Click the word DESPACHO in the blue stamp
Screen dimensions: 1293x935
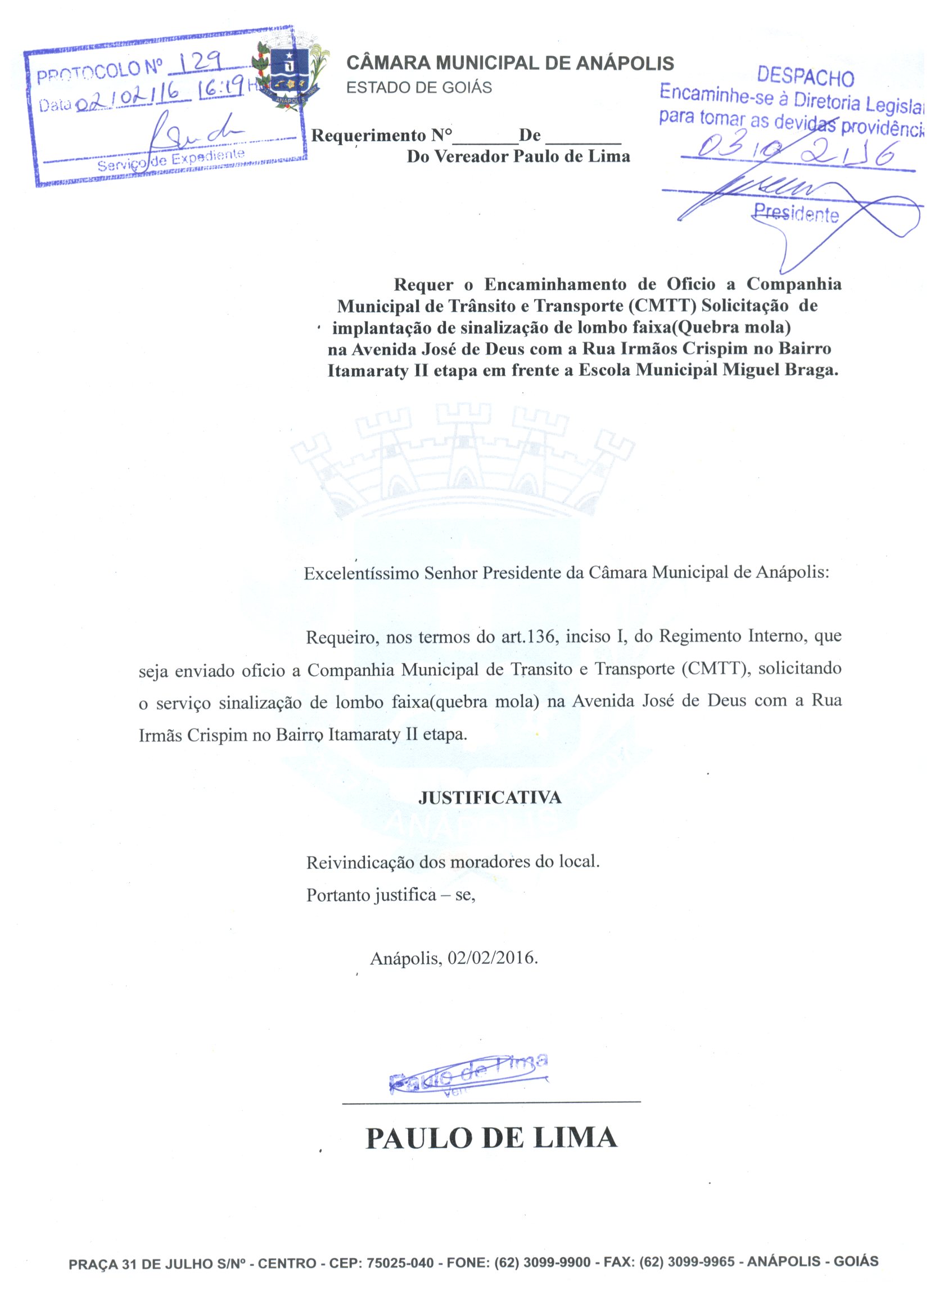pyautogui.click(x=805, y=75)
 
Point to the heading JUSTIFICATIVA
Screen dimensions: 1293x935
pyautogui.click(x=490, y=797)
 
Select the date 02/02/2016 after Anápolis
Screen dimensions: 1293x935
pyautogui.click(x=493, y=958)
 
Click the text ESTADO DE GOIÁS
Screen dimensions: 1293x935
pyautogui.click(x=419, y=88)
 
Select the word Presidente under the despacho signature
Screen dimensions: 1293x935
pyautogui.click(x=796, y=213)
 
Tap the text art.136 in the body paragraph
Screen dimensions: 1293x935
pyautogui.click(x=528, y=636)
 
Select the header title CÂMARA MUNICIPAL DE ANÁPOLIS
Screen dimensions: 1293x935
pyautogui.click(x=510, y=64)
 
